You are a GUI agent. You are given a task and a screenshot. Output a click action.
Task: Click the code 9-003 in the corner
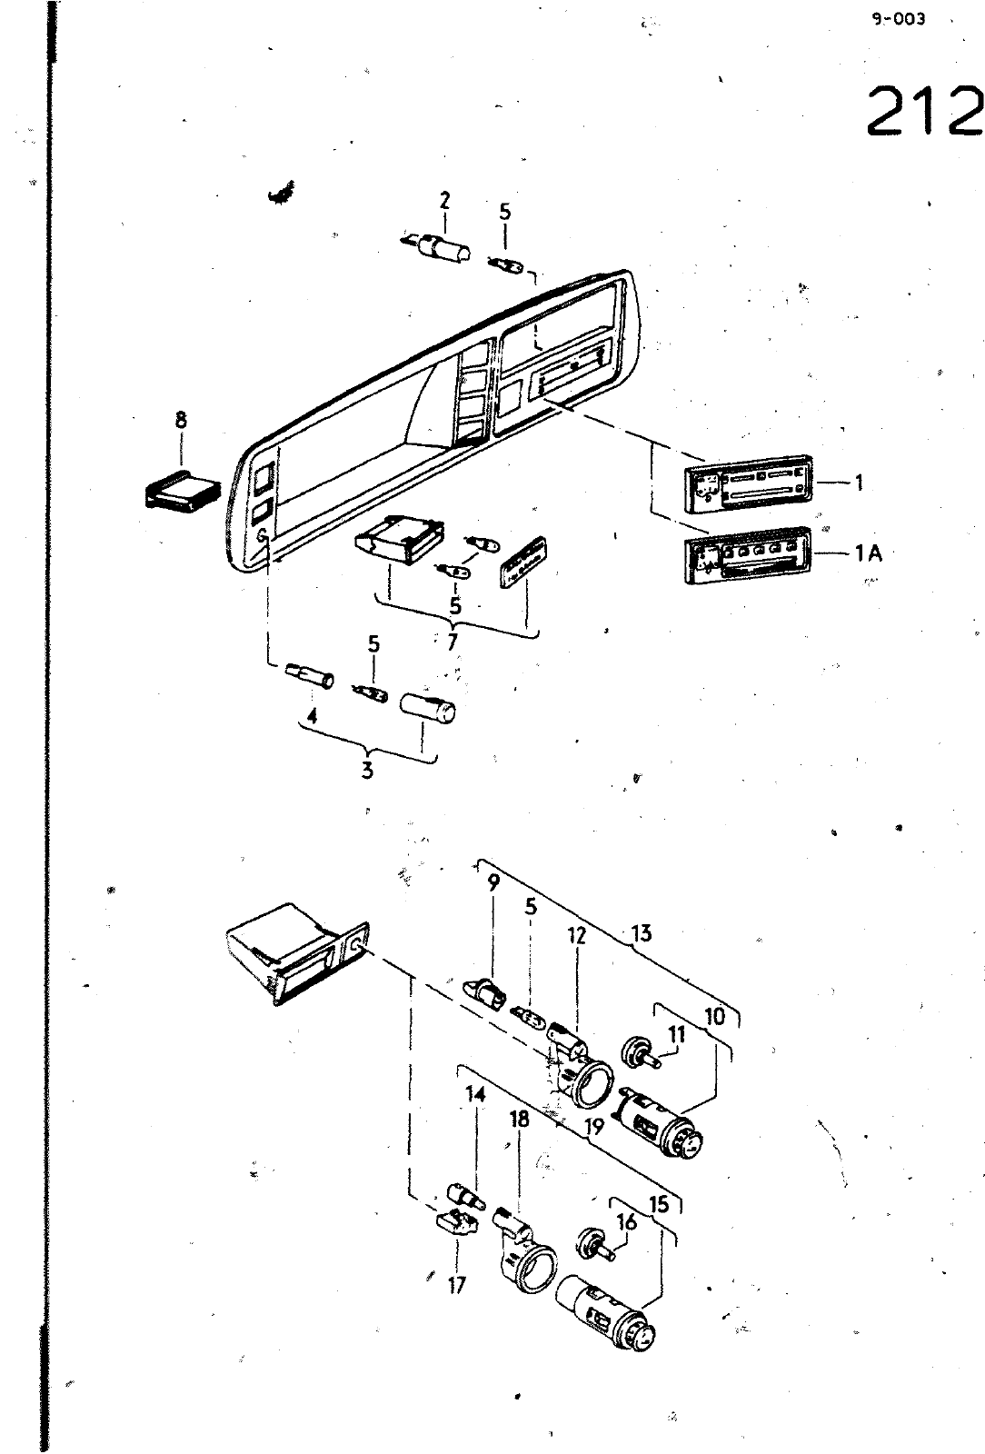(898, 19)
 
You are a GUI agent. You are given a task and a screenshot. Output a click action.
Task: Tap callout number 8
(181, 421)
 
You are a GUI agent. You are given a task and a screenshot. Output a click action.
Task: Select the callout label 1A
(868, 553)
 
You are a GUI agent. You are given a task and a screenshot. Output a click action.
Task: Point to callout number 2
(444, 201)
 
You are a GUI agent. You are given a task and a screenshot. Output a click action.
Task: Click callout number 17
(457, 1285)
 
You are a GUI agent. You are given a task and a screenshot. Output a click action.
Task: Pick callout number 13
(642, 933)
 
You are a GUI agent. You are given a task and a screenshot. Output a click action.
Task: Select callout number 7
(453, 642)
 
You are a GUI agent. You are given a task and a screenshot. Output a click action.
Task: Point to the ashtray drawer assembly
(296, 953)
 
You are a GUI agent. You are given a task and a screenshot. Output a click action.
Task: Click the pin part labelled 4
(310, 677)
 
